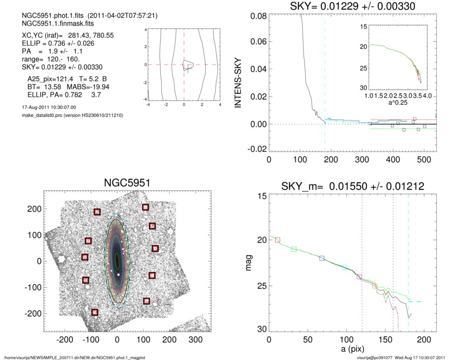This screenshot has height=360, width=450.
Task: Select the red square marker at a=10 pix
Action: click(x=277, y=239)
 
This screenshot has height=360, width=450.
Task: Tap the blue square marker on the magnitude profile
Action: click(x=322, y=258)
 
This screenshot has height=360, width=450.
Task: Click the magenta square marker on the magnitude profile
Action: click(x=359, y=277)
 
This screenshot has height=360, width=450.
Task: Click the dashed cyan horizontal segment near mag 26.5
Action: click(x=414, y=302)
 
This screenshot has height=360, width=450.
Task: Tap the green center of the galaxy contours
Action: click(x=117, y=257)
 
